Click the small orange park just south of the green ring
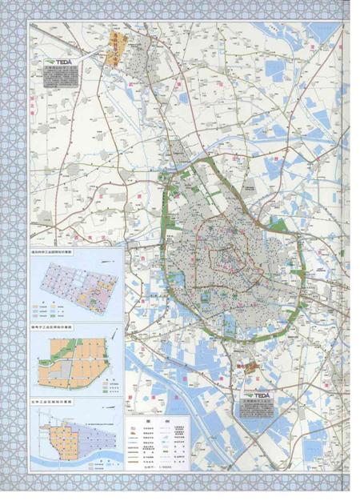(x=250, y=368)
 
